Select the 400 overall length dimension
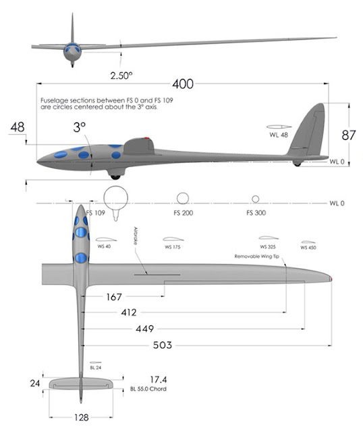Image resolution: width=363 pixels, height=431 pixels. [182, 84]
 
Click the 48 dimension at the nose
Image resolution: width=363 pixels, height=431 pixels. [18, 127]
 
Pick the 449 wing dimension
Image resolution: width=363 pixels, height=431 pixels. [144, 329]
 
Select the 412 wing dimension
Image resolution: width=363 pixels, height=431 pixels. [128, 312]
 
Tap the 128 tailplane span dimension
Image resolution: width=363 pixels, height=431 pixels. [81, 417]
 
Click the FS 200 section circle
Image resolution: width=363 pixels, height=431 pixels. [182, 197]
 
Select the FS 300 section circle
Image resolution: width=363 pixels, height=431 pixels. [255, 199]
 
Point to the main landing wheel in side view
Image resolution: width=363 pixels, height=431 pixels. [115, 176]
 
